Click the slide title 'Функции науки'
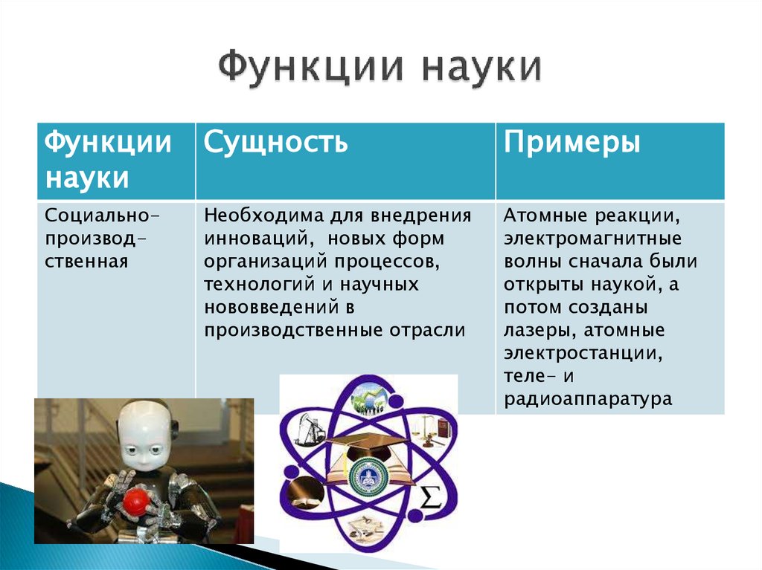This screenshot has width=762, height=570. pos(380,68)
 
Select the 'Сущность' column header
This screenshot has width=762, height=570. pos(276,141)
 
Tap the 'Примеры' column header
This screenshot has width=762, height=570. pos(571,141)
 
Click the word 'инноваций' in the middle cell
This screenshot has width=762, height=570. pos(249,239)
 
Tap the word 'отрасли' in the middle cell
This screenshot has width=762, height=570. pos(438,330)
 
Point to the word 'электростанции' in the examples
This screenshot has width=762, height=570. pos(583,353)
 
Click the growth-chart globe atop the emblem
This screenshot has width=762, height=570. pos(370,398)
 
